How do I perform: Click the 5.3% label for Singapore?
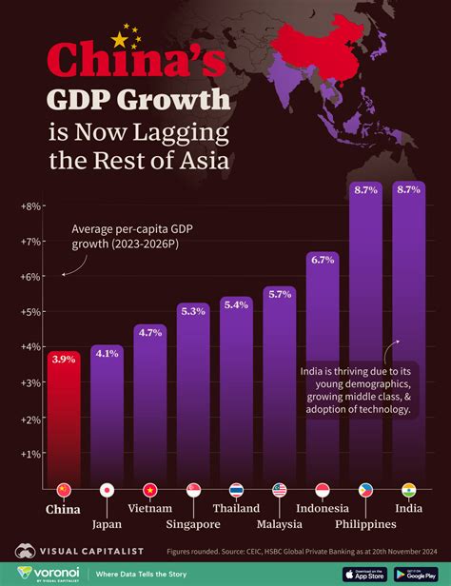click(x=193, y=310)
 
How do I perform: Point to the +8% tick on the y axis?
click(x=29, y=205)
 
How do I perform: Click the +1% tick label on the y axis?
click(x=29, y=454)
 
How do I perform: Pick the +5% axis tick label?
click(x=29, y=312)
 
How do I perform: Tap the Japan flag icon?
click(x=108, y=491)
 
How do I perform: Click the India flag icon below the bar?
click(x=409, y=491)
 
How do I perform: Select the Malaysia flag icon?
click(x=280, y=491)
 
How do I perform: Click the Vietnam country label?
click(x=150, y=509)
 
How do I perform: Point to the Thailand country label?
click(x=236, y=509)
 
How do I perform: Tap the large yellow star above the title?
click(x=119, y=40)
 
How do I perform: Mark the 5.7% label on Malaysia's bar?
click(x=280, y=294)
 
